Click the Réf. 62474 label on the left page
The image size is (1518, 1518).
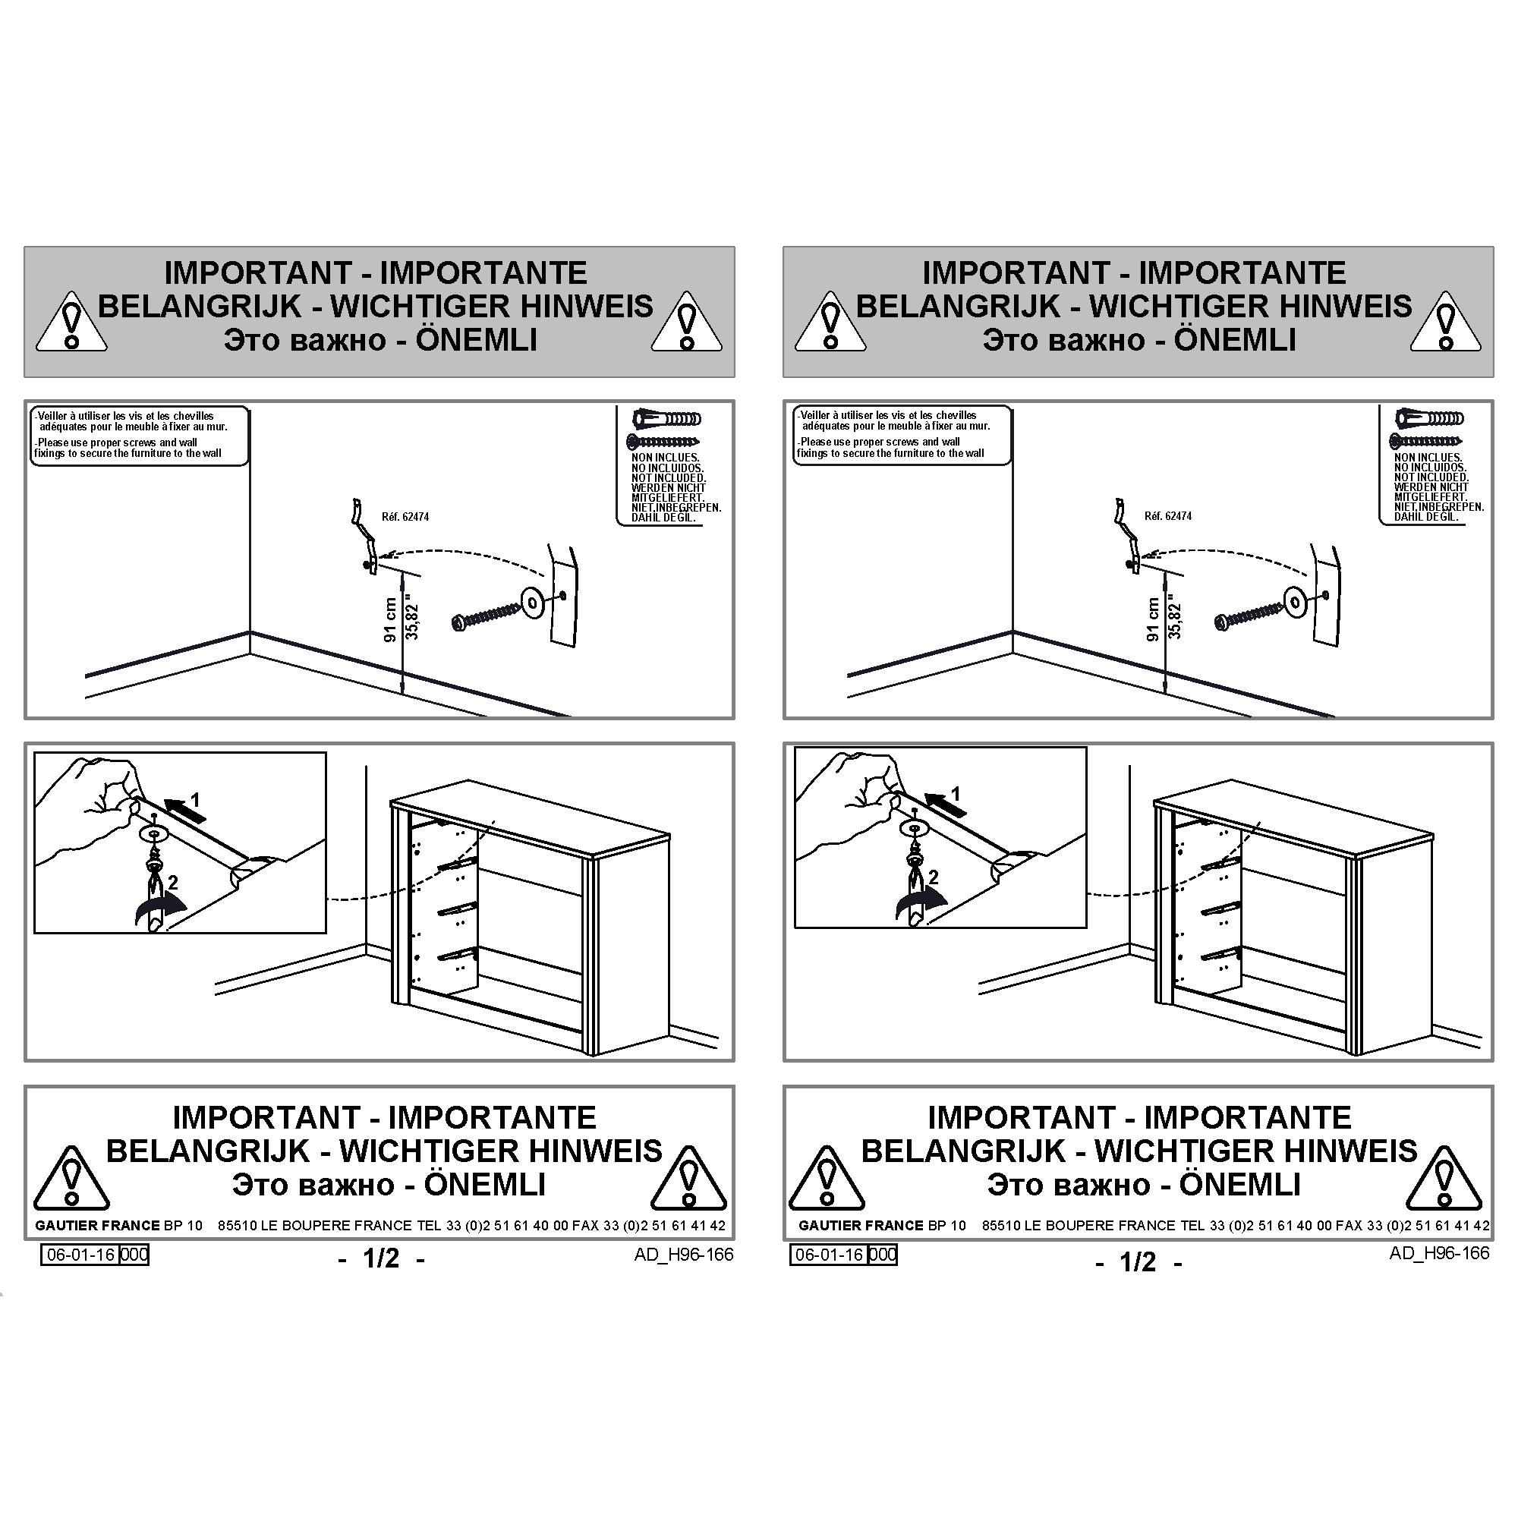pyautogui.click(x=405, y=517)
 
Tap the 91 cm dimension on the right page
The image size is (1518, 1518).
pyautogui.click(x=1154, y=619)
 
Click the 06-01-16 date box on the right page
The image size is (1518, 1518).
pyautogui.click(x=829, y=1255)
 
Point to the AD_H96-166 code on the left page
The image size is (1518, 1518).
pyautogui.click(x=684, y=1255)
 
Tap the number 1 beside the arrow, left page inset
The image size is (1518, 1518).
pyautogui.click(x=195, y=801)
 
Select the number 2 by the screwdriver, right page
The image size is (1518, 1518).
pyautogui.click(x=934, y=877)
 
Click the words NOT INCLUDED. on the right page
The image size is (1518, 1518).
pyautogui.click(x=1431, y=477)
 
